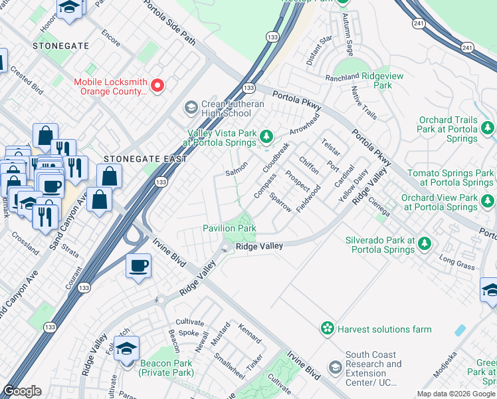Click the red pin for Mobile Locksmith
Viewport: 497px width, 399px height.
[157, 85]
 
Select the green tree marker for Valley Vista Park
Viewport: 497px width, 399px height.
[266, 136]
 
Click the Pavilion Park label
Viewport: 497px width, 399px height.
[229, 228]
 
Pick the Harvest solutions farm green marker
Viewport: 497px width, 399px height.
[327, 329]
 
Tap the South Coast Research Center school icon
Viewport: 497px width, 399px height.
[336, 367]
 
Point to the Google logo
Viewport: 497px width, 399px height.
[22, 391]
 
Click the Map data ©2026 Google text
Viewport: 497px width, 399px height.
[455, 394]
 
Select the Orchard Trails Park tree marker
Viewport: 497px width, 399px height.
[488, 126]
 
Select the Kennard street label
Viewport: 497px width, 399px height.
[249, 334]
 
